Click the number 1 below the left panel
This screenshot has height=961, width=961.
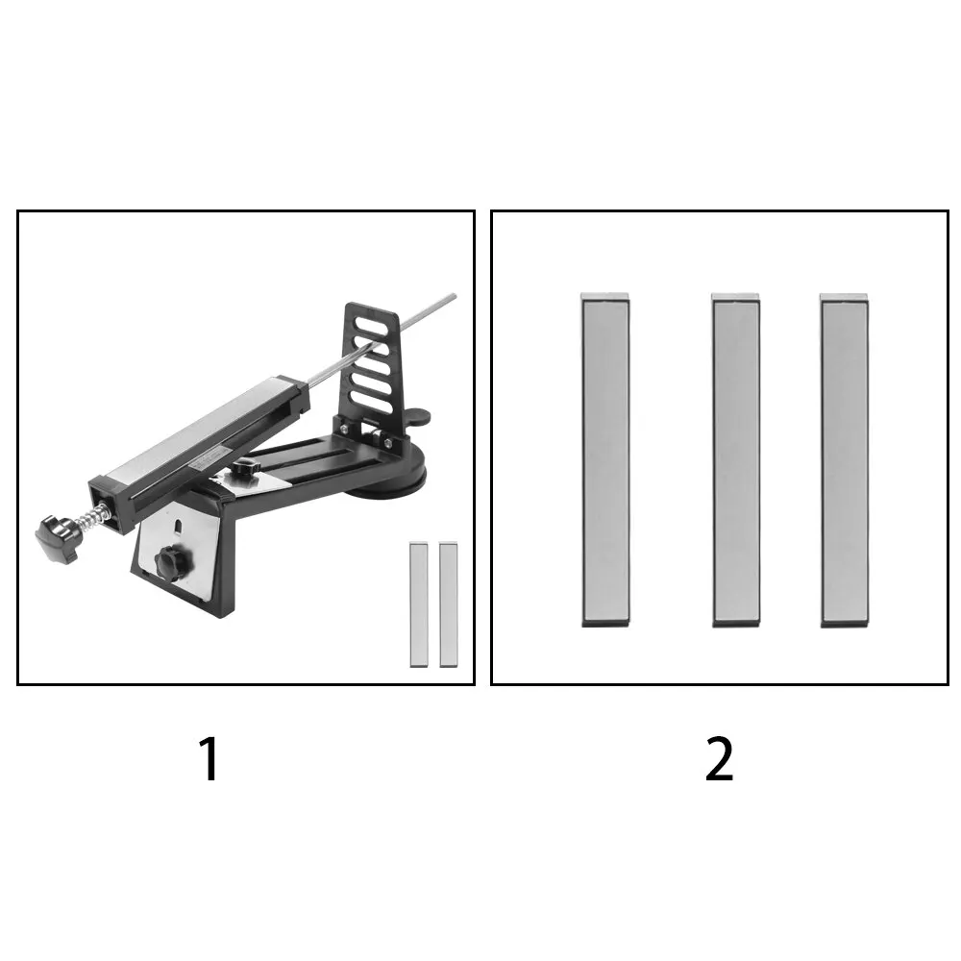[209, 759]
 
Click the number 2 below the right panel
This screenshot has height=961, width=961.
[719, 759]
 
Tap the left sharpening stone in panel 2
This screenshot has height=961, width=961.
[605, 459]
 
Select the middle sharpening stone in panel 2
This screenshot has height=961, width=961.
[735, 459]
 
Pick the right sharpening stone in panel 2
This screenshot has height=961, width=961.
[845, 459]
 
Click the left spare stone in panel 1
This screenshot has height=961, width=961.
[419, 604]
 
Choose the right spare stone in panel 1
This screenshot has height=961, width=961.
[449, 604]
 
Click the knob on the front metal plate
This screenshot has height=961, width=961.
[173, 561]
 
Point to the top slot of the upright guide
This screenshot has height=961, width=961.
[371, 326]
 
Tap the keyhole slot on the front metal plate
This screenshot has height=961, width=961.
[178, 526]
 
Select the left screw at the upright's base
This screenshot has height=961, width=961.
[344, 429]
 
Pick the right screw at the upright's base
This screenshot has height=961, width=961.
[386, 441]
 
